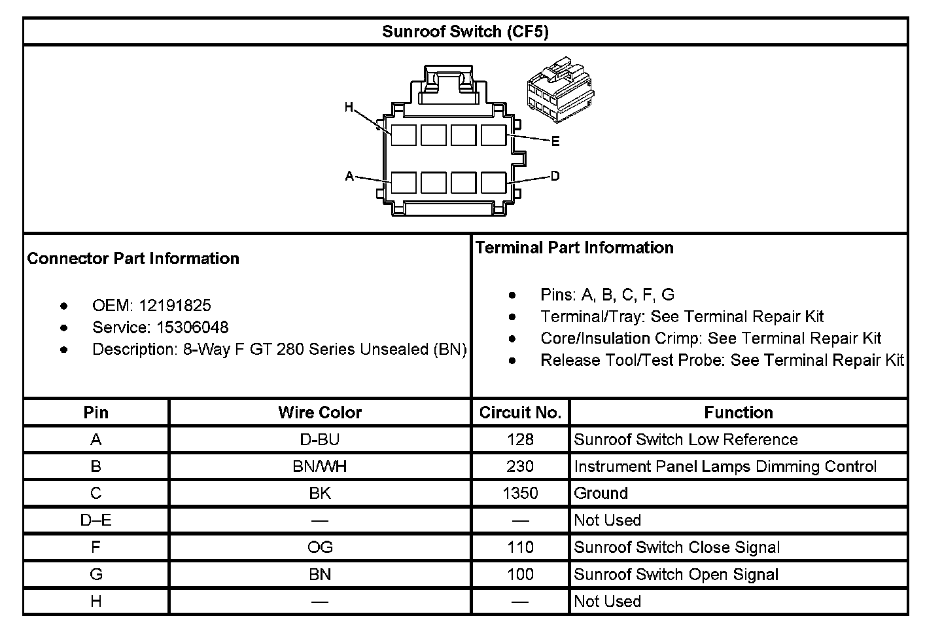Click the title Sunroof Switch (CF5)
(465, 31)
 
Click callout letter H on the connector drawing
(349, 107)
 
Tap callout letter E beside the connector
(555, 141)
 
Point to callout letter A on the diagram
(349, 175)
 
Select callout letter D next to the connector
(555, 175)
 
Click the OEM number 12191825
(175, 305)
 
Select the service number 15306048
(192, 327)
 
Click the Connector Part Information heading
(133, 259)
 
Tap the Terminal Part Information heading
(574, 247)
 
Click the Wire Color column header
(319, 412)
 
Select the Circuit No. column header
(520, 412)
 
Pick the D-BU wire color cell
(319, 439)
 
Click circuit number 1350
(520, 493)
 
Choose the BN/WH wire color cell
(319, 466)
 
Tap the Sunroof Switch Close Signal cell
(676, 547)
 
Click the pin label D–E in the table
(96, 520)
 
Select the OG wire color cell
(319, 547)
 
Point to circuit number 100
(520, 574)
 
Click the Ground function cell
(601, 493)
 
